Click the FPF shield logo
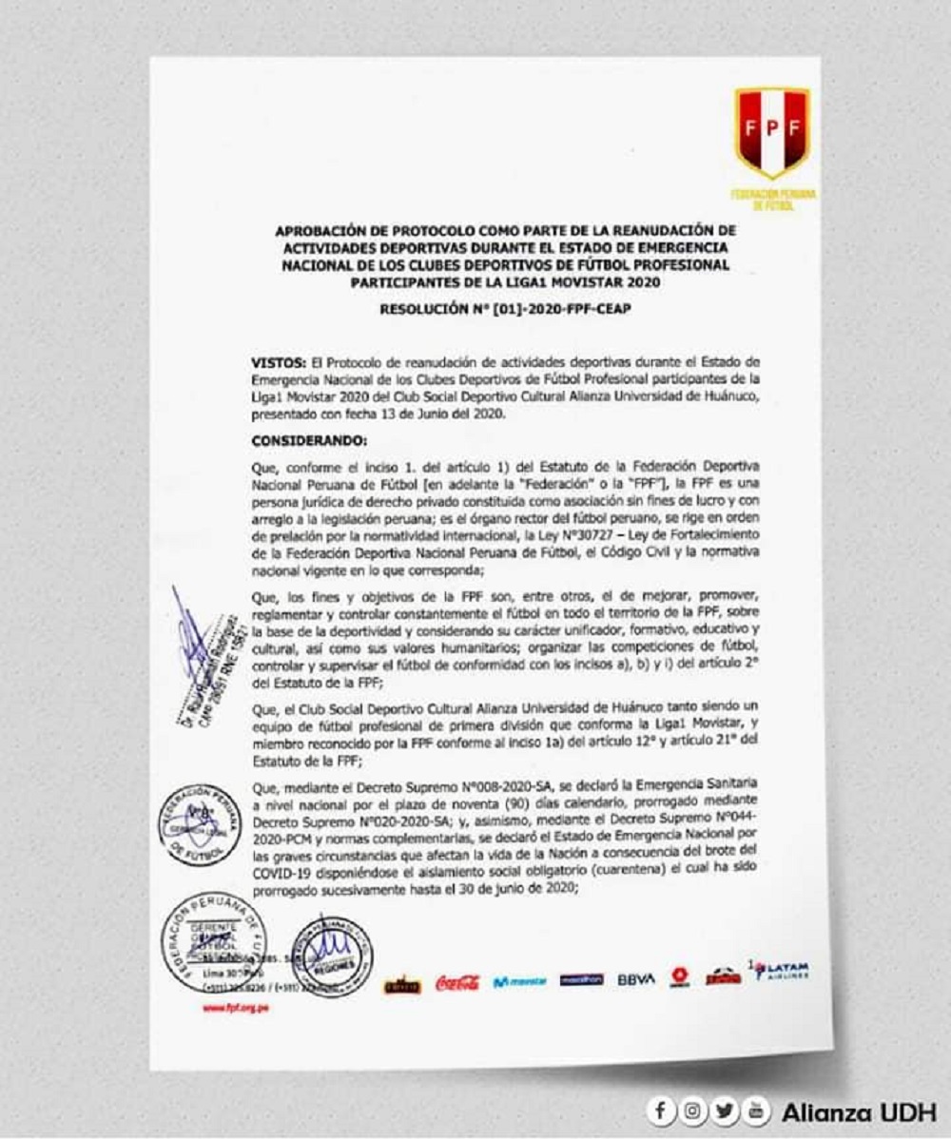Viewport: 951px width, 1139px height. (771, 132)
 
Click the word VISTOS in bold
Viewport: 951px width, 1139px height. (277, 361)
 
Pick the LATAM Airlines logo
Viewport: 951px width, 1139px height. (781, 973)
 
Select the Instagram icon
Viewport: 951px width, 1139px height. (693, 1110)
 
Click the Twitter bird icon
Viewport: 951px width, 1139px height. (726, 1110)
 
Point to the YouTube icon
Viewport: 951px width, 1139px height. (757, 1110)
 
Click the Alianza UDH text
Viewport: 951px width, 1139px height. (858, 1110)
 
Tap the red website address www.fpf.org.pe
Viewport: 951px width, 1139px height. (235, 1008)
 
